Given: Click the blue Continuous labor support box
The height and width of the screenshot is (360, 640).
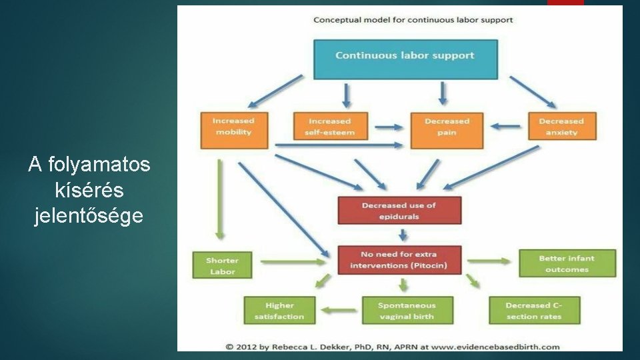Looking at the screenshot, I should coord(405,59).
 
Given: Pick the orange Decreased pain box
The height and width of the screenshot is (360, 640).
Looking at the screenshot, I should coord(447,129).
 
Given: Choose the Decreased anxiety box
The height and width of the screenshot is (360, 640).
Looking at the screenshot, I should coord(561,127).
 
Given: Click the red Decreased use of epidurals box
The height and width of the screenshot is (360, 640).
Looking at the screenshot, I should coord(399,211).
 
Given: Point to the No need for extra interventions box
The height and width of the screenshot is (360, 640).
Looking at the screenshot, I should coord(399,260).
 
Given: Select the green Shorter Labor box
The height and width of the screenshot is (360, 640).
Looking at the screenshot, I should coord(223,265).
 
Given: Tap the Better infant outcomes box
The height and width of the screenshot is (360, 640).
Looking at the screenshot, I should coord(567,263).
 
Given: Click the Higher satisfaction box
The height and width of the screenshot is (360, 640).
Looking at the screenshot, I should coord(279,311).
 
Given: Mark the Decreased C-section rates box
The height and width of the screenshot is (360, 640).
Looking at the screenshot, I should coord(535,311).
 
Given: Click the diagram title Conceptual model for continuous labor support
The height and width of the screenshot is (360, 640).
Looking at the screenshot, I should coord(413,20).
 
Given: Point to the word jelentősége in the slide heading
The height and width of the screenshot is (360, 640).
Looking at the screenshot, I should coord(89,216).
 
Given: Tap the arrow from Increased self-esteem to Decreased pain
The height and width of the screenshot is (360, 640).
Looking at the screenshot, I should coord(389,126).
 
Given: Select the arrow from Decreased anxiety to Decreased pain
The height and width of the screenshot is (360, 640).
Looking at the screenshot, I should coord(506,126).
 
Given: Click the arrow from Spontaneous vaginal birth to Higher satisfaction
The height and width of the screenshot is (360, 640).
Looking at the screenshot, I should coord(339,309).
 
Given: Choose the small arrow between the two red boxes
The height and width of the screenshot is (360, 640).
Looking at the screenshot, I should coord(403,235).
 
